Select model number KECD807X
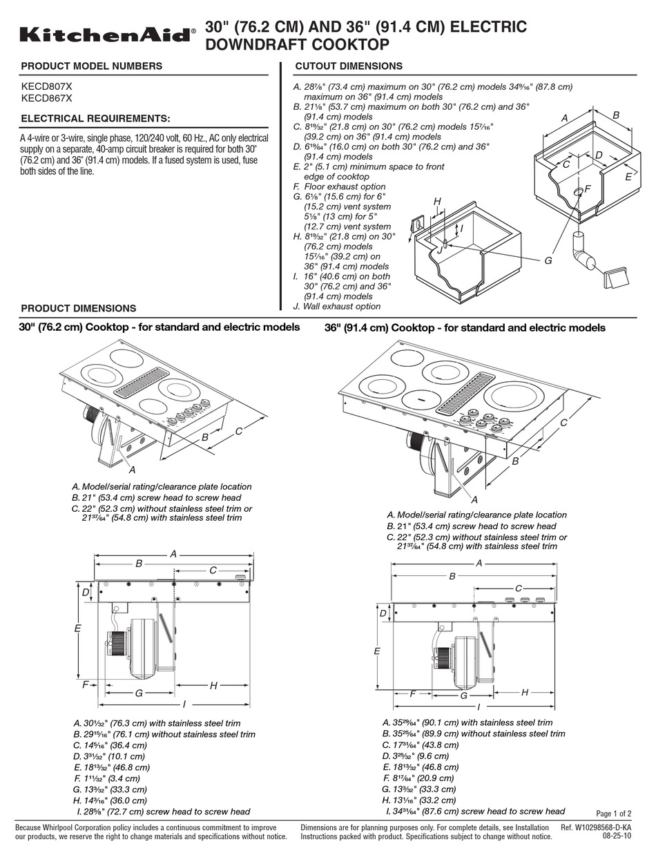pyautogui.click(x=46, y=86)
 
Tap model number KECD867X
pyautogui.click(x=46, y=98)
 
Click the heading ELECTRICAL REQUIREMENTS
pyautogui.click(x=95, y=119)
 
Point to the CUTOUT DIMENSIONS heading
pyautogui.click(x=348, y=66)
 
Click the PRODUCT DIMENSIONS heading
pyautogui.click(x=79, y=308)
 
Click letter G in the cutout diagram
pyautogui.click(x=548, y=260)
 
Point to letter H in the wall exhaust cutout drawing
pyautogui.click(x=437, y=201)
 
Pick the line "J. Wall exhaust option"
pyautogui.click(x=337, y=306)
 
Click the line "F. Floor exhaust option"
pyautogui.click(x=339, y=186)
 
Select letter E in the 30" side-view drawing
pyautogui.click(x=78, y=629)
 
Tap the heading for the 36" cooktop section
pyautogui.click(x=465, y=327)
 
